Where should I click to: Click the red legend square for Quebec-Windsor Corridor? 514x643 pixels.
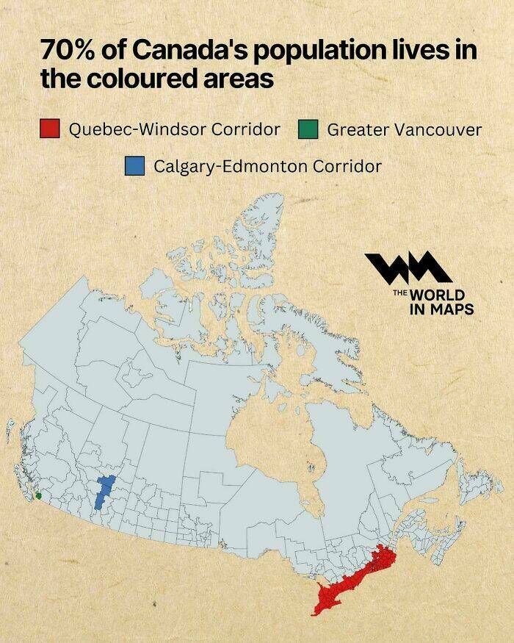click(49, 129)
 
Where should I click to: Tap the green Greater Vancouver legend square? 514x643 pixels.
click(308, 129)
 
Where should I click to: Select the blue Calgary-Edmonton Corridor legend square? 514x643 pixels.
click(134, 165)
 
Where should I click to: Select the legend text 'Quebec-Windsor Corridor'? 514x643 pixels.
click(175, 129)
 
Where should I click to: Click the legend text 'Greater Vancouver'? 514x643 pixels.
click(404, 130)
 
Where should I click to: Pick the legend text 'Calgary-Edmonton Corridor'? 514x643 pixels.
click(267, 166)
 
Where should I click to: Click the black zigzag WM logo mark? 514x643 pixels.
click(408, 269)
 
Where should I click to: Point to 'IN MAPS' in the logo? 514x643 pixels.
click(441, 309)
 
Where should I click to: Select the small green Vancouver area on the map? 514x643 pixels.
click(38, 496)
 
